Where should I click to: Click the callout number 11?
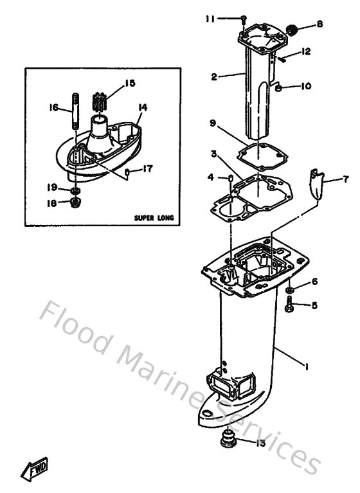point(209,19)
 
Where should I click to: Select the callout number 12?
point(306,51)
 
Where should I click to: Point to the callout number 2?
point(214,77)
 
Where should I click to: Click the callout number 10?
point(305,85)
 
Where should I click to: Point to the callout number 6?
point(314,281)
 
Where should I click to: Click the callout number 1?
point(307,367)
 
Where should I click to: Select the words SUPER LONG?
point(154,217)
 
